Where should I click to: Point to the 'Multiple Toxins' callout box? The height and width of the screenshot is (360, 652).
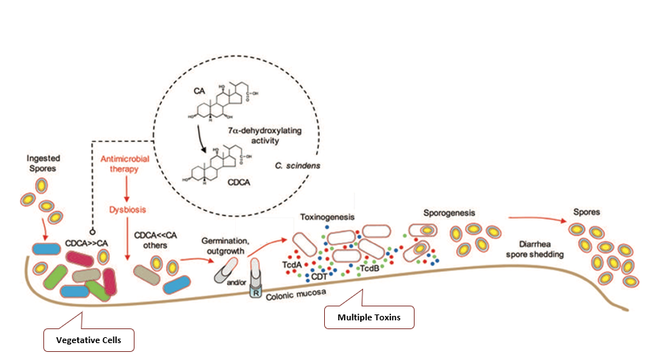(x=370, y=317)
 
